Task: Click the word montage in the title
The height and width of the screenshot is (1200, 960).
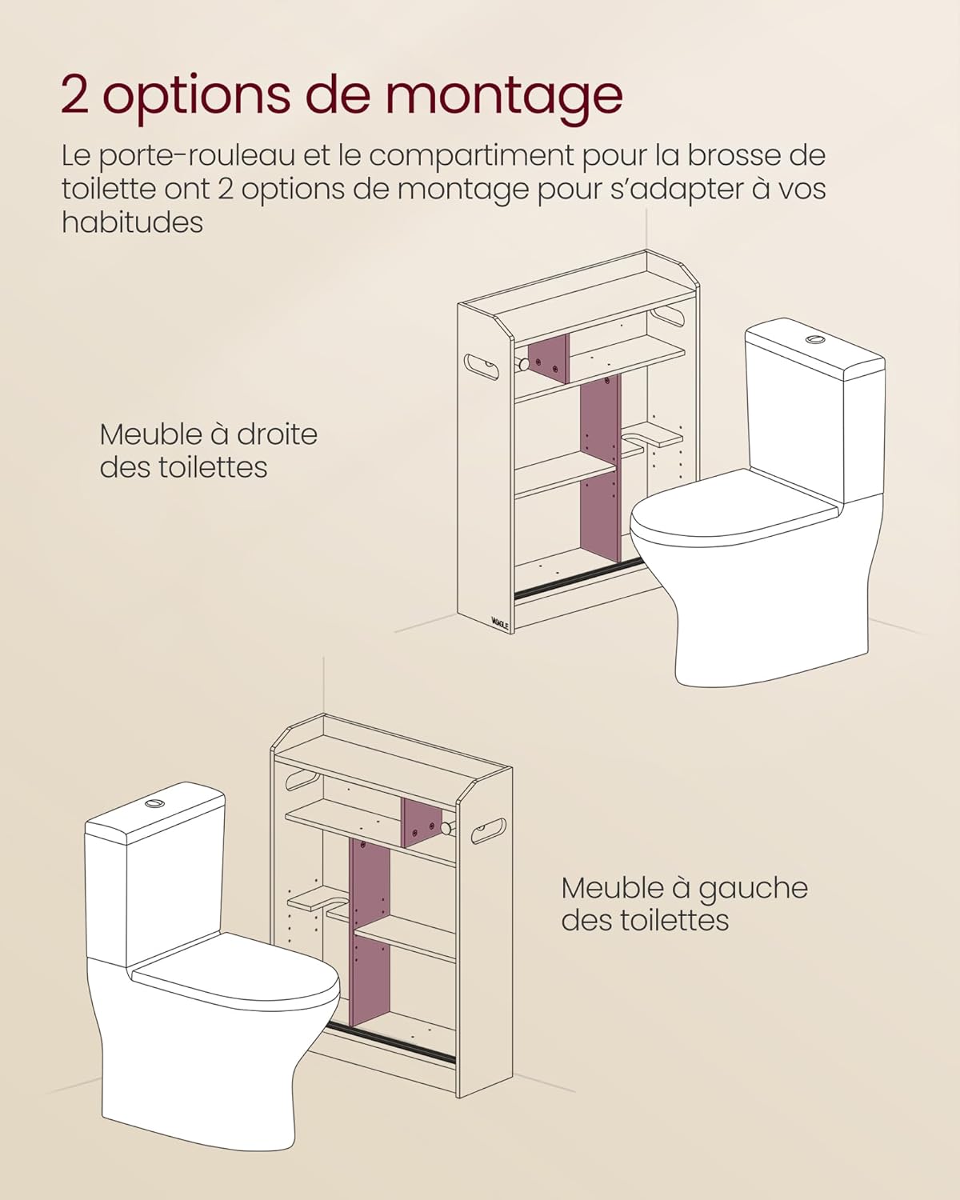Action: (x=504, y=96)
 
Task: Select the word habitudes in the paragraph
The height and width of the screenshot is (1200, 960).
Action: (x=132, y=222)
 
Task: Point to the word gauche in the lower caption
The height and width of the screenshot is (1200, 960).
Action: (x=752, y=888)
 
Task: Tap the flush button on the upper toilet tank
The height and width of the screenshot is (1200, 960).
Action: (x=815, y=339)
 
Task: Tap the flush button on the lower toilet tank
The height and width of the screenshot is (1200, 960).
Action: (x=154, y=802)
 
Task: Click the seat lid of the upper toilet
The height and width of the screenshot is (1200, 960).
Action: (x=732, y=512)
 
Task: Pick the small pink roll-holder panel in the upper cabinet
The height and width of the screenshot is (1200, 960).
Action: (x=548, y=358)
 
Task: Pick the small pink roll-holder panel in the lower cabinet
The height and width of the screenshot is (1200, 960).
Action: (x=421, y=822)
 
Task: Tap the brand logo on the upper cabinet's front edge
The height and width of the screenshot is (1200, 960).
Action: (x=500, y=622)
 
